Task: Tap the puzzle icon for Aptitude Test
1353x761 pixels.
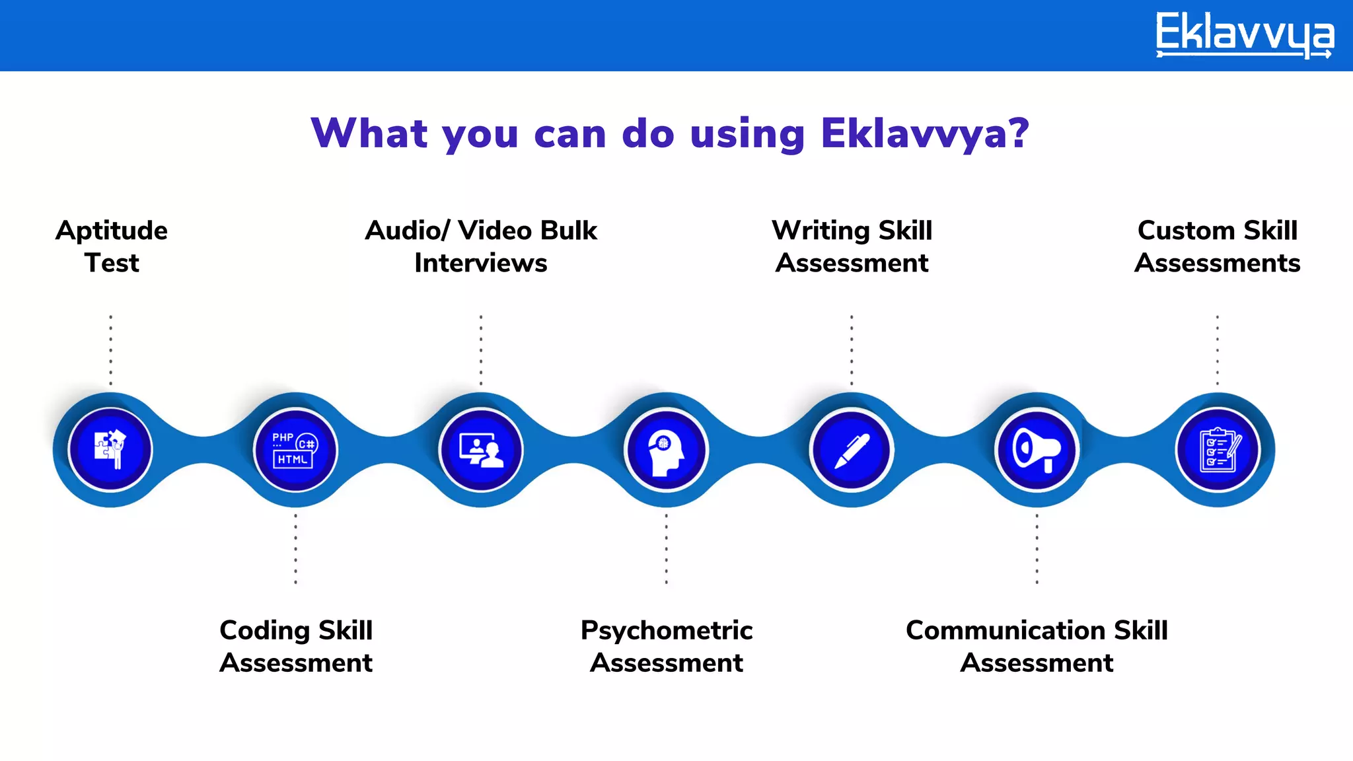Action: [110, 450]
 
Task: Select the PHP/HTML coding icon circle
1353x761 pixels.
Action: [295, 450]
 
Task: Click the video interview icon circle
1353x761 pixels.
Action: [481, 450]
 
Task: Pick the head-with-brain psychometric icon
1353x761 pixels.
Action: [666, 450]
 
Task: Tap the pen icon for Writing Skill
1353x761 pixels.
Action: [852, 450]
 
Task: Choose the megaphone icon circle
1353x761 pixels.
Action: [1037, 450]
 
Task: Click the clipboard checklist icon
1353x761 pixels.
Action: [1218, 450]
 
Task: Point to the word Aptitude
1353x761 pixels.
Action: [112, 231]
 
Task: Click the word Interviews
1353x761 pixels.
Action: [480, 263]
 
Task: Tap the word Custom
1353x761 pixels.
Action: [1186, 231]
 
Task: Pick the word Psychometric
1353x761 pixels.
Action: [667, 631]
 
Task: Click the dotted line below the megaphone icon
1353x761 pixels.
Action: [1037, 549]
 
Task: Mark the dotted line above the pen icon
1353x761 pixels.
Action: [852, 350]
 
